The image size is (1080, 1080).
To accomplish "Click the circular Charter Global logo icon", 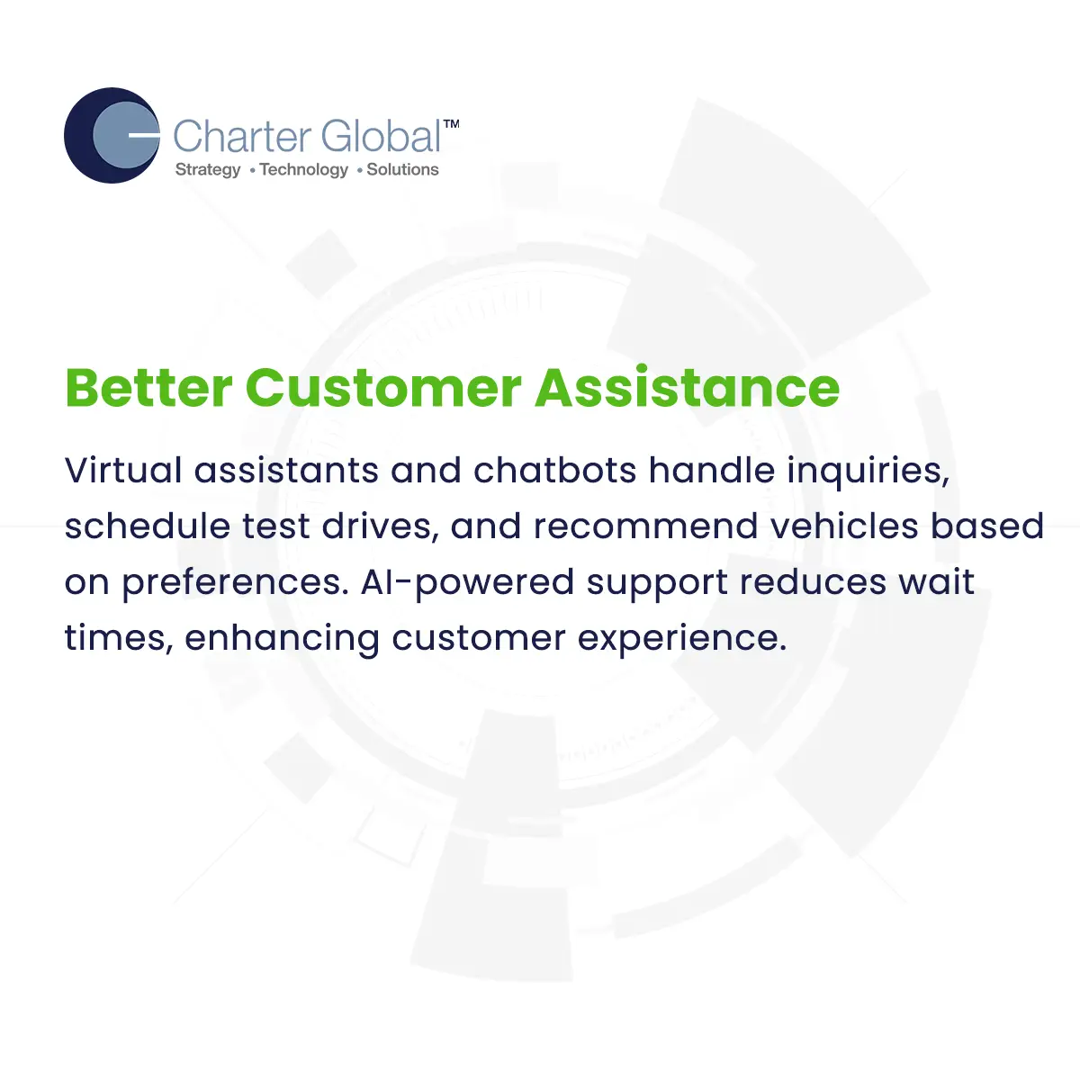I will click(x=112, y=136).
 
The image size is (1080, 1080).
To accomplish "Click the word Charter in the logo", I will click(x=241, y=137).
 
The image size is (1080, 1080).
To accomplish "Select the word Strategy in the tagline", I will click(x=208, y=170).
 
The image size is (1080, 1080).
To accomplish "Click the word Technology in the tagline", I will click(x=303, y=170).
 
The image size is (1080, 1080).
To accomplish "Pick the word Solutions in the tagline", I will click(x=402, y=170).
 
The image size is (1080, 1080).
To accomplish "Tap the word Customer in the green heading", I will click(x=383, y=388).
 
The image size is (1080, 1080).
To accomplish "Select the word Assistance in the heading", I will click(x=688, y=388).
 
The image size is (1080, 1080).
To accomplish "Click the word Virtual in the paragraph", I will click(x=123, y=470).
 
